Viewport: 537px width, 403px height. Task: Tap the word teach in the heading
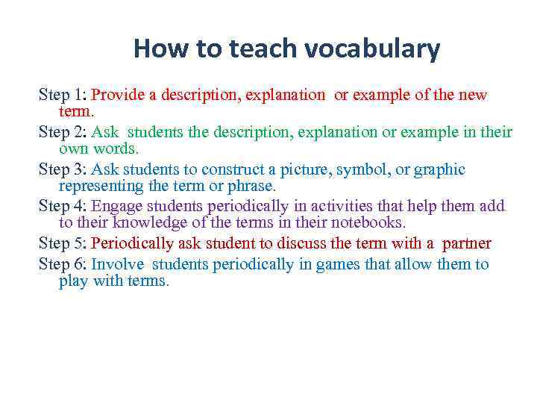click(258, 49)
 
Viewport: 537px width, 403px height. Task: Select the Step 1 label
click(63, 95)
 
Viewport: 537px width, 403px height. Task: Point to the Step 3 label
click(63, 169)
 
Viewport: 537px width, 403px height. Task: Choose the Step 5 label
click(63, 244)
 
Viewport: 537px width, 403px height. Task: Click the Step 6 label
click(63, 264)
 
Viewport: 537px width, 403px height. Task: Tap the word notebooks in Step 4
click(364, 222)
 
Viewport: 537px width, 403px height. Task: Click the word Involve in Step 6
click(116, 264)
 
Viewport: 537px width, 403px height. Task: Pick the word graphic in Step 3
click(439, 170)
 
